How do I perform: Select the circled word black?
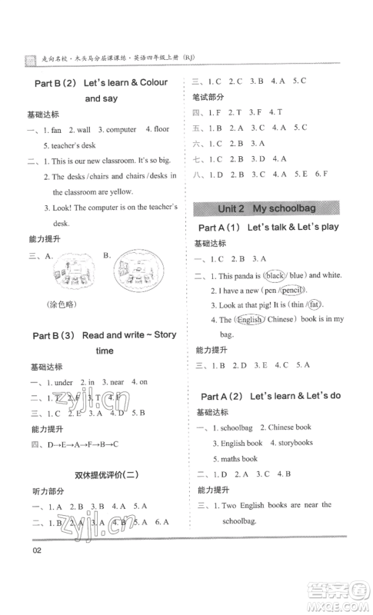pyautogui.click(x=274, y=275)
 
